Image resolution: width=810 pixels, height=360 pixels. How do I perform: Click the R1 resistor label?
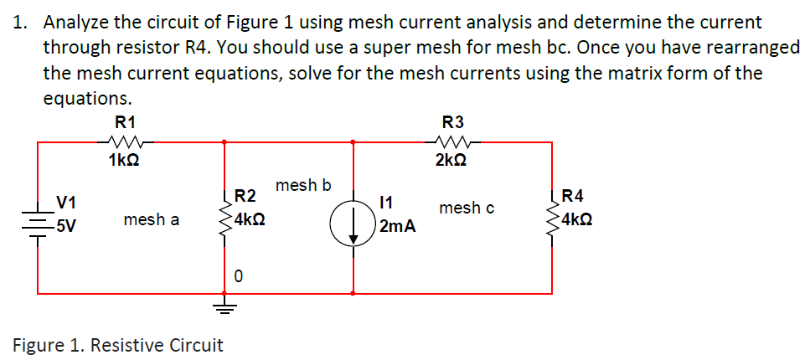click(125, 123)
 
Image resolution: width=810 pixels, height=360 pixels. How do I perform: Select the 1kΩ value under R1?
click(124, 160)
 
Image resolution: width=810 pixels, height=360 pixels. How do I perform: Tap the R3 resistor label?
click(452, 123)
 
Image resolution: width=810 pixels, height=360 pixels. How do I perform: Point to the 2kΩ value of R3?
click(452, 160)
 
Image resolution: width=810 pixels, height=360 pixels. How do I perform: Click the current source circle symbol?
click(353, 226)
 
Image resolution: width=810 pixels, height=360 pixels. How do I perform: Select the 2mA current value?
click(397, 227)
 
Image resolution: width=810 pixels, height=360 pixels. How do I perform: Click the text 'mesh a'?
click(151, 220)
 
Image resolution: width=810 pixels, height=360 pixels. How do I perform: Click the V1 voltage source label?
click(66, 202)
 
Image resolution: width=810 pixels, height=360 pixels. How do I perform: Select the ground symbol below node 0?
click(224, 307)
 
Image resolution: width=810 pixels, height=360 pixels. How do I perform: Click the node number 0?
click(238, 275)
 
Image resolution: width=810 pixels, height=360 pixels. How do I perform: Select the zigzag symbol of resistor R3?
click(452, 141)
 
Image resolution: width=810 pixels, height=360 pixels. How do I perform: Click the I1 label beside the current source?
click(387, 202)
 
